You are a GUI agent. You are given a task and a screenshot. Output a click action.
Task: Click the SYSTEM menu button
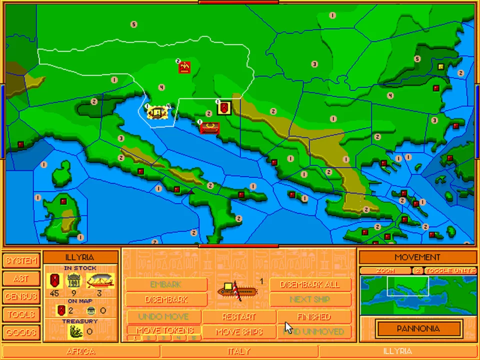[x=21, y=260]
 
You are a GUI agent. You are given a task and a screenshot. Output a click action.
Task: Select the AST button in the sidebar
[x=21, y=278]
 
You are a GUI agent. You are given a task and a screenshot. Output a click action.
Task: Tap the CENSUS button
[x=21, y=296]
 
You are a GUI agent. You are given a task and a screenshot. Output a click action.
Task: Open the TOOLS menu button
[x=21, y=314]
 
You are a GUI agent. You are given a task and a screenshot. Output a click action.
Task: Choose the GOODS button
[x=21, y=332]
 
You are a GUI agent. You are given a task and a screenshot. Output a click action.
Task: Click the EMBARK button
[x=165, y=284]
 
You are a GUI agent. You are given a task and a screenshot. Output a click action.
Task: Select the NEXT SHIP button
[x=310, y=299]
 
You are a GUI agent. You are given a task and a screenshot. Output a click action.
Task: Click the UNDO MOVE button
[x=163, y=316]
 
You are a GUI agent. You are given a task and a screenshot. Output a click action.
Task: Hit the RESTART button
[x=239, y=316]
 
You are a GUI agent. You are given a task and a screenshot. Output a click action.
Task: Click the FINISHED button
[x=314, y=316]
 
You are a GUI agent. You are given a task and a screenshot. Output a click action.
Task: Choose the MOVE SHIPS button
[x=239, y=331]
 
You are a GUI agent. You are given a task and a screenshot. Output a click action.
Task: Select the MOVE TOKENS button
[x=164, y=330]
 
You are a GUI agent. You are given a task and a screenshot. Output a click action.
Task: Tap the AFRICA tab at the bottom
[x=81, y=351]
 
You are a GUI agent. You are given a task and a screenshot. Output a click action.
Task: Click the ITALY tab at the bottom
[x=239, y=351]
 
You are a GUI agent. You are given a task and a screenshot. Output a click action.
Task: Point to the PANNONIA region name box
[x=418, y=328]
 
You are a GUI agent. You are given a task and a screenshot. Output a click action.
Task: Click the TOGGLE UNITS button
[x=450, y=270]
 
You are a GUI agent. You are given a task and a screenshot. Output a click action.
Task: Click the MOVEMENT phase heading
[x=417, y=257]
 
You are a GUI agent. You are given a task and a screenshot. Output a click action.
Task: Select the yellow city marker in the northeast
[x=441, y=66]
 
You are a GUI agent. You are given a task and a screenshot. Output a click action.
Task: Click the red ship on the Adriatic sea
[x=209, y=128]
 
